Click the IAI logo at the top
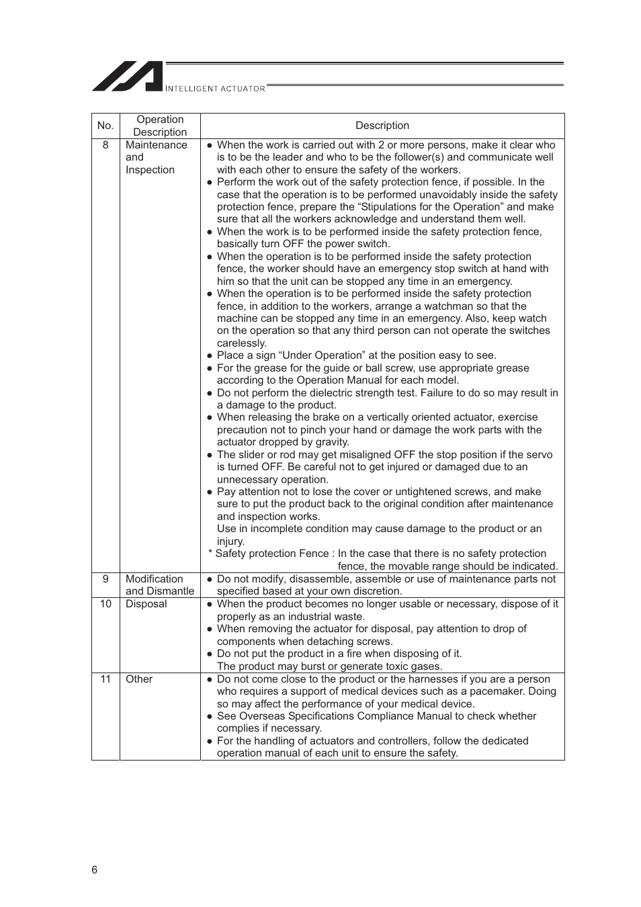(x=128, y=77)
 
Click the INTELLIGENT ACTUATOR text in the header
(x=215, y=89)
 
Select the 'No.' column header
(x=105, y=126)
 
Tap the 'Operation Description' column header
(x=160, y=126)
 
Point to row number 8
(x=105, y=145)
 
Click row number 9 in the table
(x=105, y=579)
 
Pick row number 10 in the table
(x=105, y=604)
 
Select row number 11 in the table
(x=105, y=679)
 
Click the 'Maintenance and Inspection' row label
(x=156, y=157)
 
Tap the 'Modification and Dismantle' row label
(x=159, y=585)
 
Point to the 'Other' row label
(x=139, y=679)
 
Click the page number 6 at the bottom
(x=94, y=870)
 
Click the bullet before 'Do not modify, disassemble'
(x=210, y=579)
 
